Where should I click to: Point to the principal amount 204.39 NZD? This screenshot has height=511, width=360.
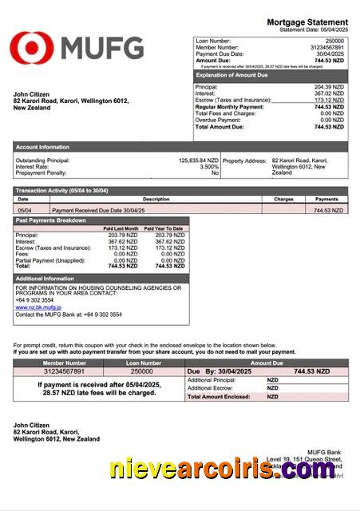(329, 86)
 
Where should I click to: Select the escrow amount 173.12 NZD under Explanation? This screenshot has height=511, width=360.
(329, 100)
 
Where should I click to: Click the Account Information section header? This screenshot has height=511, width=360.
(42, 147)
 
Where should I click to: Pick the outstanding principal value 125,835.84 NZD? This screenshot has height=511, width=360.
(198, 160)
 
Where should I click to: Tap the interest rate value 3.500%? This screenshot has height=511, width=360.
(209, 167)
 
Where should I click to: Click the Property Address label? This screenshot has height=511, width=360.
(244, 160)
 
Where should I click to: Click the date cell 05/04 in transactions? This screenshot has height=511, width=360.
(24, 210)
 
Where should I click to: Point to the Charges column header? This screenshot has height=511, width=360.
(283, 199)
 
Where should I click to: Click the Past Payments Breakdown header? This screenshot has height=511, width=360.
(51, 220)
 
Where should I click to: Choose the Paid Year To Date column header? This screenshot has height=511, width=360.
(164, 228)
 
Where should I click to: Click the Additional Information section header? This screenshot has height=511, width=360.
(45, 278)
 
